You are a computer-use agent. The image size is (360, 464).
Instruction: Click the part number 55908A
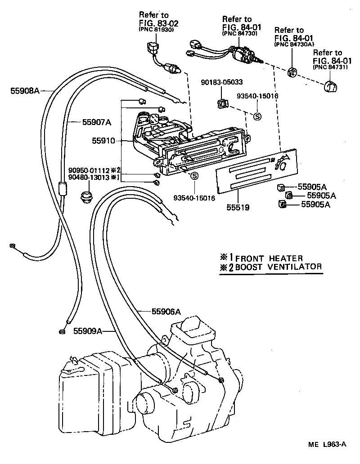25,91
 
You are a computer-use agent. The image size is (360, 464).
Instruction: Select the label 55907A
96,122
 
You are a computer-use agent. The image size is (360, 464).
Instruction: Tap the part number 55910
104,141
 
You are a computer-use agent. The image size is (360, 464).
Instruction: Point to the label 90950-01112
89,170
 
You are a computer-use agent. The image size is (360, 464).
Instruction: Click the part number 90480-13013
89,177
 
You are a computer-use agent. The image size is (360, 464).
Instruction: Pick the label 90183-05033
222,82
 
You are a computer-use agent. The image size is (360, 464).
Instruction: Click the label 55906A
166,311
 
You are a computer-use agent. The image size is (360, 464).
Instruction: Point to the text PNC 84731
327,67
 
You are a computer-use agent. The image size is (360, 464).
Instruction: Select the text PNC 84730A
294,45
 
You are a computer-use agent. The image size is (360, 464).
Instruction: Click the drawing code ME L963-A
327,445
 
